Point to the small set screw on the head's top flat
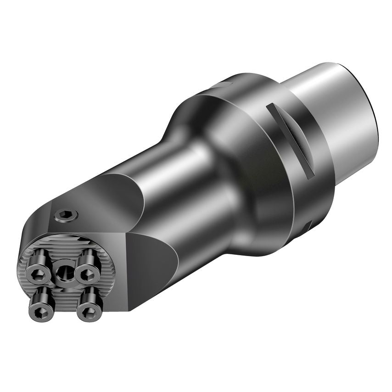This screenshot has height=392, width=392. coord(66,215)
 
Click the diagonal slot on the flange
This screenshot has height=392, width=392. coord(290,140)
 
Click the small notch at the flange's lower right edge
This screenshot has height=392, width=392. coord(308,225)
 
